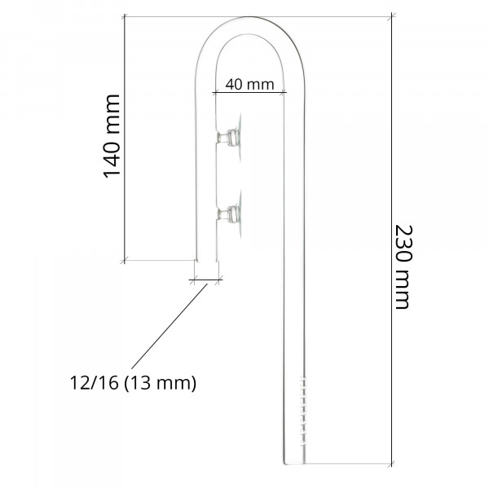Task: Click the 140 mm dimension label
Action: coord(112,136)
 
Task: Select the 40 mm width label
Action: coord(244,84)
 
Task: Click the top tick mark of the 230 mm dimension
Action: coord(392,15)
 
